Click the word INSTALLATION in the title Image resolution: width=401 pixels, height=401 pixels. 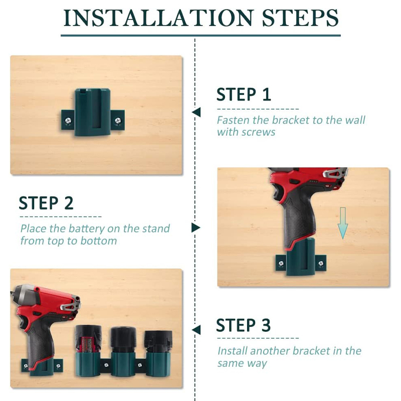coord(158,18)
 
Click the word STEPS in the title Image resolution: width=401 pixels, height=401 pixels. coord(300,18)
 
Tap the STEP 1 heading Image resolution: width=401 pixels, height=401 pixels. coord(244,94)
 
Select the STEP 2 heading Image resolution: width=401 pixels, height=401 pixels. coord(46,204)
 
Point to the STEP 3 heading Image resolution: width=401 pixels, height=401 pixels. coord(243,325)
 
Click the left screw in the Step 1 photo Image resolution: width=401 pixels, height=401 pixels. coord(68,120)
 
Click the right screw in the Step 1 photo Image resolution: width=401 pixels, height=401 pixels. coord(118,120)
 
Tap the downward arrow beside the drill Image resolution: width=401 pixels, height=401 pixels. coord(343,223)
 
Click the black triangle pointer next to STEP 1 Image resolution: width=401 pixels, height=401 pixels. coord(196,112)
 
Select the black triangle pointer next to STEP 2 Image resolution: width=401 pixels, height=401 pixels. coord(195,228)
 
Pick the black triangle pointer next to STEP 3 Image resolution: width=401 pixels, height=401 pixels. coord(196,330)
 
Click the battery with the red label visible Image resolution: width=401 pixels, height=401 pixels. coord(88,340)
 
